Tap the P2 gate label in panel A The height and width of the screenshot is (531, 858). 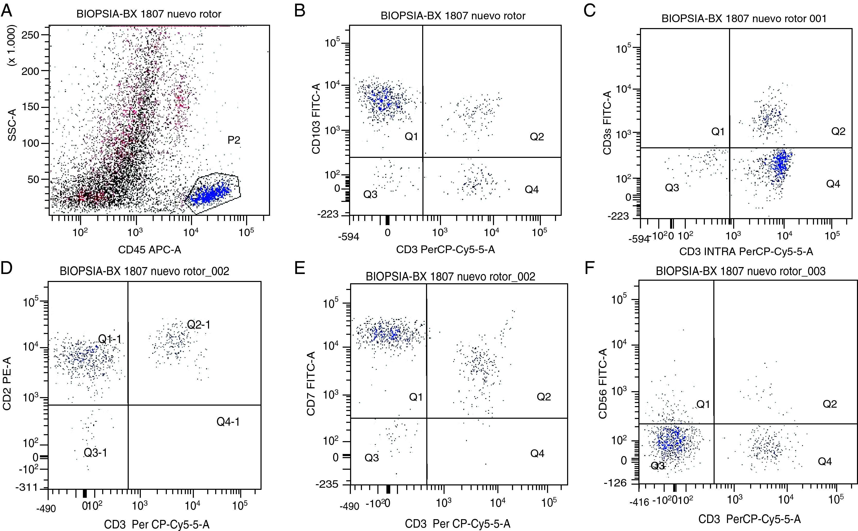point(234,140)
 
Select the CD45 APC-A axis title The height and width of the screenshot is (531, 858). point(150,250)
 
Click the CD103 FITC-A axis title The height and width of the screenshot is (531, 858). point(316,119)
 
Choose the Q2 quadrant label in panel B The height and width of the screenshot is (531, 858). point(537,137)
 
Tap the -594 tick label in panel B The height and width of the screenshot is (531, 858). point(349,237)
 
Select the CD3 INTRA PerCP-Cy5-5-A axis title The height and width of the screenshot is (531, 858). point(746,251)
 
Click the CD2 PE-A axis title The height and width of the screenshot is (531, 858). point(7,383)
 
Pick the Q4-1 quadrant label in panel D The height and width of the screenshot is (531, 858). point(228,422)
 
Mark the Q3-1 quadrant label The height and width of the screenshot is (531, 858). point(96,453)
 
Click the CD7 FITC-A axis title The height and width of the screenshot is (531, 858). point(311,383)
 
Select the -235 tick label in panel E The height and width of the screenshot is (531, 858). point(327,484)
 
